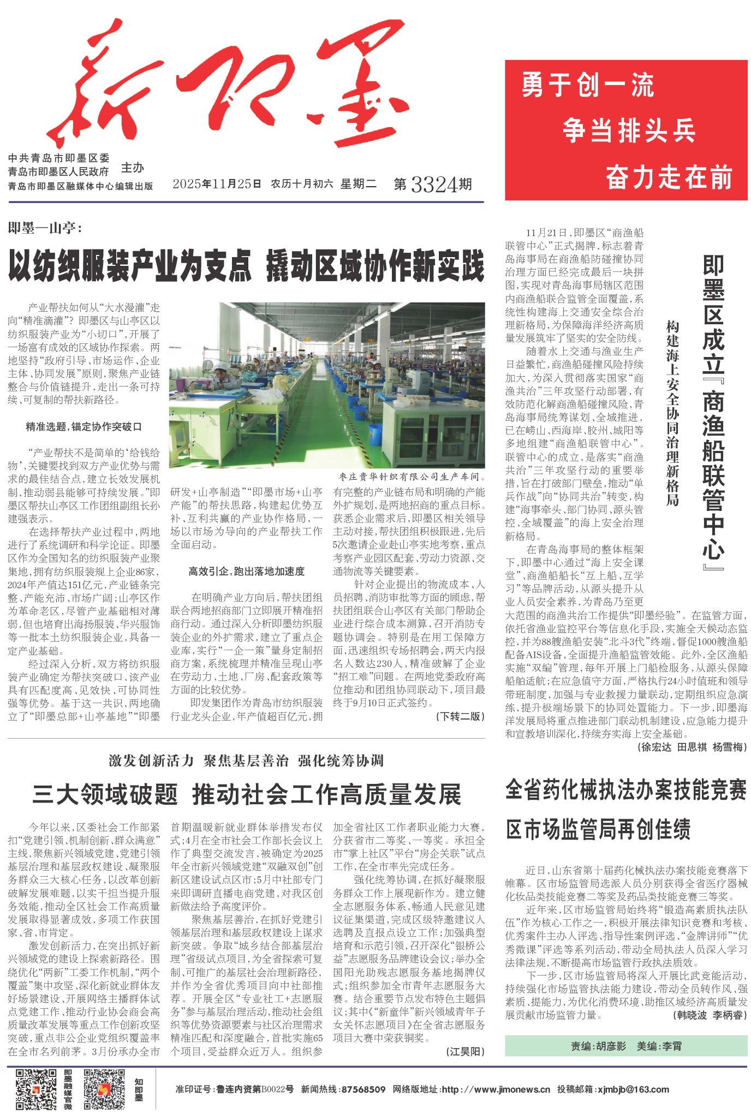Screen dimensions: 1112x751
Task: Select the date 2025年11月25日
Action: [x=217, y=184]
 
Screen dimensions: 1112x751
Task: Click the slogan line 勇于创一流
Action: [x=587, y=86]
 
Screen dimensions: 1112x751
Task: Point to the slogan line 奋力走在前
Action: [x=668, y=177]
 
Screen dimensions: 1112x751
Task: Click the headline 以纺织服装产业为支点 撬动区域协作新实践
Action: [x=246, y=266]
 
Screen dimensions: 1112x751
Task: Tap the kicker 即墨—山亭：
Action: [x=45, y=228]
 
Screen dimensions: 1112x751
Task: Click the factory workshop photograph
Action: [x=326, y=385]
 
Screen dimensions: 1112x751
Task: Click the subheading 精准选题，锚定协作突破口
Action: [x=84, y=426]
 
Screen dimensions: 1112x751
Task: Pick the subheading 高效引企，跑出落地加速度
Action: [x=246, y=571]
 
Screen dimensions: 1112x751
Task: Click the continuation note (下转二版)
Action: [x=460, y=716]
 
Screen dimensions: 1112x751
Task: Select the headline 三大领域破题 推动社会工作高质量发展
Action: [x=246, y=794]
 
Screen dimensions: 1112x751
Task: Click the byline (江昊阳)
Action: [x=465, y=1051]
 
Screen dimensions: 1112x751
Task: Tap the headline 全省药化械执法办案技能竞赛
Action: [x=625, y=790]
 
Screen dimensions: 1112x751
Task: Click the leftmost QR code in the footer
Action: [x=36, y=1090]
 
